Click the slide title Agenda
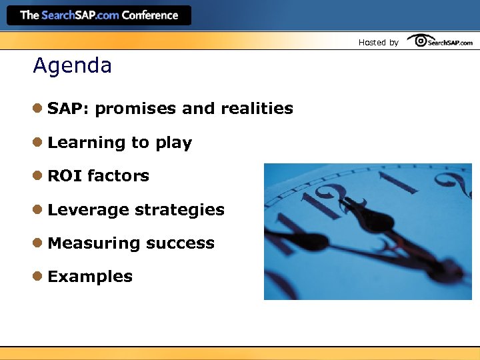click(x=72, y=66)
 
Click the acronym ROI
click(x=65, y=176)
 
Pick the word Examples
click(x=90, y=277)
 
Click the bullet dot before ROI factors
click(x=39, y=176)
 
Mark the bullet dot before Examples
click(x=39, y=276)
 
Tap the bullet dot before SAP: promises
click(x=39, y=109)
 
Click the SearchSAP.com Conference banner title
click(x=99, y=15)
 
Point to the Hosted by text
click(x=378, y=42)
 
